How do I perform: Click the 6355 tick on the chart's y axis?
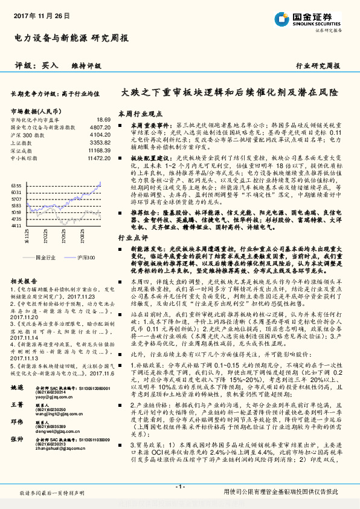[16, 186]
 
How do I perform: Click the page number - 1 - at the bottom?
[179, 487]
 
